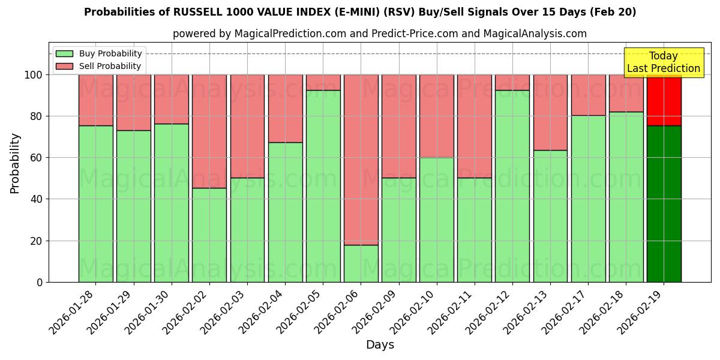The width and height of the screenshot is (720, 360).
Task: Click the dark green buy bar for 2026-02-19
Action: [664, 204]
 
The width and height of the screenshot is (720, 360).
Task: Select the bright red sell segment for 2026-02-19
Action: [664, 100]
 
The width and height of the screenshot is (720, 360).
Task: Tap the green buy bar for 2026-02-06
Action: [361, 263]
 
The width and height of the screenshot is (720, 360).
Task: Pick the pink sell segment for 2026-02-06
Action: [361, 160]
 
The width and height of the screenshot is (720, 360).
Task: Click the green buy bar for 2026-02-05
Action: [323, 186]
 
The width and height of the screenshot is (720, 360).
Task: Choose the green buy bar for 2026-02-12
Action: [512, 186]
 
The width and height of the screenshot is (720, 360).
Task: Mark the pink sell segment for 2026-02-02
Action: [209, 131]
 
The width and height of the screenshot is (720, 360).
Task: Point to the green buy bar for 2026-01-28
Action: [95, 204]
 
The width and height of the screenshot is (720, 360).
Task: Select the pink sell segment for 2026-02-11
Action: [475, 126]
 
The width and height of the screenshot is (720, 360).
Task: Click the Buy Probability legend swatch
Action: [64, 53]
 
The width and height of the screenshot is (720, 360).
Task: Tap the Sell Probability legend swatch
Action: [64, 66]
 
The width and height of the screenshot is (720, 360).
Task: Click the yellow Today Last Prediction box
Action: [664, 62]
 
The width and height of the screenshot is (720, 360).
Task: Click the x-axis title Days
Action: [380, 345]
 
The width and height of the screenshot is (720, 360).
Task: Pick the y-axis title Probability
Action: [15, 163]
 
